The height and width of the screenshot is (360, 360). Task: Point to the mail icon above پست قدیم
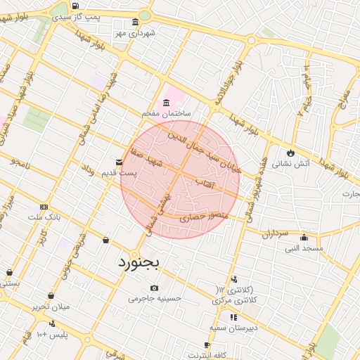[x=119, y=162]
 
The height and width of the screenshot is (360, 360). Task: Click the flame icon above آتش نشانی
[x=290, y=152]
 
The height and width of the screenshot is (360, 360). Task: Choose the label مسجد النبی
[x=304, y=247]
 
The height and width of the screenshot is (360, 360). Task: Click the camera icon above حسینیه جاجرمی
[x=154, y=287]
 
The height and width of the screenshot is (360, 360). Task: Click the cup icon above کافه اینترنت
[x=206, y=345]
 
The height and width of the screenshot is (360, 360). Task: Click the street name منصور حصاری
[x=204, y=218]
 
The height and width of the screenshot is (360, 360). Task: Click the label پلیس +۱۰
[x=51, y=333]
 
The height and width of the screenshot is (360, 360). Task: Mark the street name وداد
[x=88, y=169]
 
